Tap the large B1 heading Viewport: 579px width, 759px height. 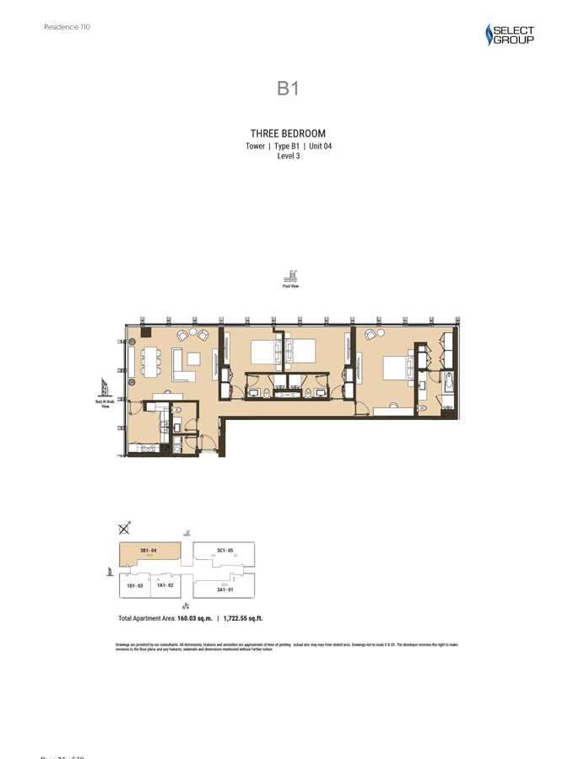click(289, 89)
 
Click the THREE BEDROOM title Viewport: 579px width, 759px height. click(288, 133)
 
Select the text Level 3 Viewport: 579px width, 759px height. click(289, 155)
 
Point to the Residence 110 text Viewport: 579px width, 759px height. click(67, 27)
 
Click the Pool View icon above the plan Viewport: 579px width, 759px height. click(291, 276)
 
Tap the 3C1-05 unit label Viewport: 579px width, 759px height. click(225, 551)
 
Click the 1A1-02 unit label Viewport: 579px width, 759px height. click(165, 584)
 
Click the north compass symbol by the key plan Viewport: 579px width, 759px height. click(125, 528)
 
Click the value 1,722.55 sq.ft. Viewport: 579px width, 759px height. click(242, 618)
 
